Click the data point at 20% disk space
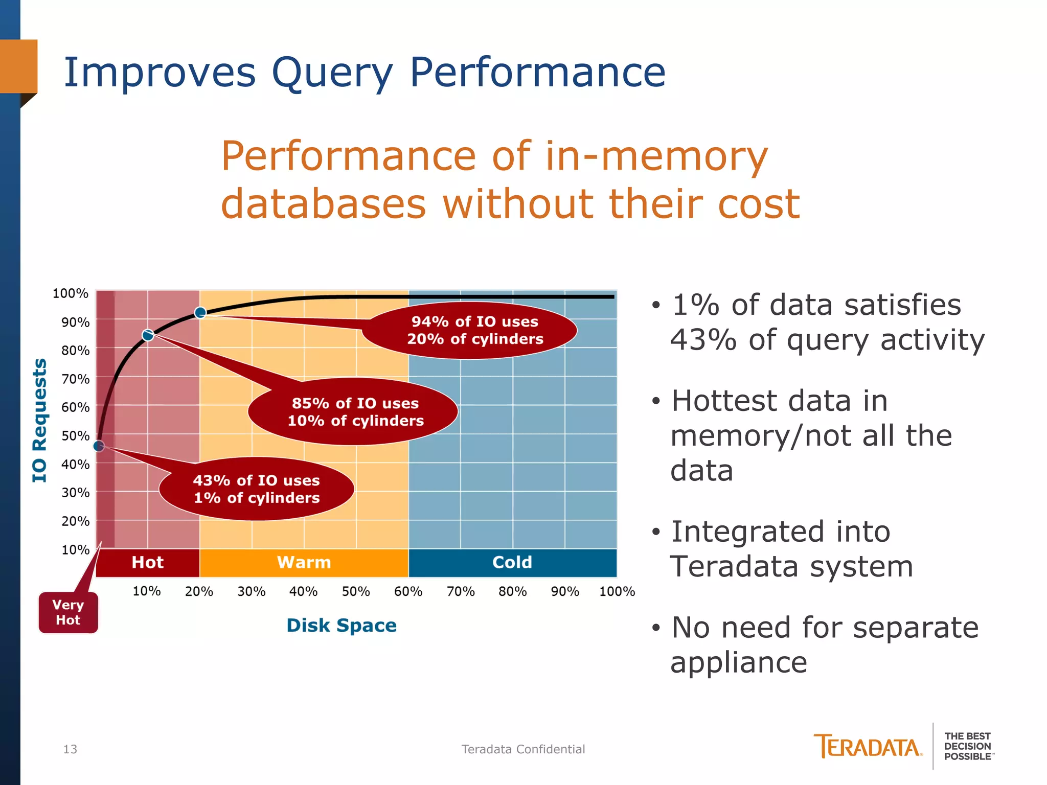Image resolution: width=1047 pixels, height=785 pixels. click(x=200, y=312)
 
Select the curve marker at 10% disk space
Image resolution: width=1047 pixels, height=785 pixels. click(x=148, y=335)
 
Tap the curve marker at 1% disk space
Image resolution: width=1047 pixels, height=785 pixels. click(x=99, y=446)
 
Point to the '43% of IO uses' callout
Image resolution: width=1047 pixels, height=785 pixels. click(x=257, y=489)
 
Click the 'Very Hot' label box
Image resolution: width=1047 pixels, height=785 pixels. click(x=68, y=612)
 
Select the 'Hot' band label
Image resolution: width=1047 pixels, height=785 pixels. click(x=147, y=562)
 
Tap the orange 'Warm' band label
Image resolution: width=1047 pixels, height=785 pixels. click(x=304, y=562)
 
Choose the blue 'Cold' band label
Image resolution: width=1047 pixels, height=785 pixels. click(x=512, y=562)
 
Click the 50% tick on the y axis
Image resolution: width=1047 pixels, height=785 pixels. click(x=75, y=436)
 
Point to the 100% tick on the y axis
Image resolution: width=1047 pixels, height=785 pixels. click(x=70, y=293)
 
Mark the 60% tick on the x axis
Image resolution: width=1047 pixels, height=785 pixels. click(x=408, y=591)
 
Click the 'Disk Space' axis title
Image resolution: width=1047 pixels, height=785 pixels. click(x=342, y=626)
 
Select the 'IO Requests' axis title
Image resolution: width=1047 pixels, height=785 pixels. click(x=40, y=420)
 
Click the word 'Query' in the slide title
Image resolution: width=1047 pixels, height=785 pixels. click(x=332, y=73)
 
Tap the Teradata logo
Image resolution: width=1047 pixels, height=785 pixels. click(x=868, y=747)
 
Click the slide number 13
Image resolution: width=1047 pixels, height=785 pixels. click(x=70, y=749)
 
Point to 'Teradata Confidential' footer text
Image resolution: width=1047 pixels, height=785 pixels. click(x=523, y=749)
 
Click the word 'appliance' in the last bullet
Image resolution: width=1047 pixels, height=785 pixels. click(x=738, y=663)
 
